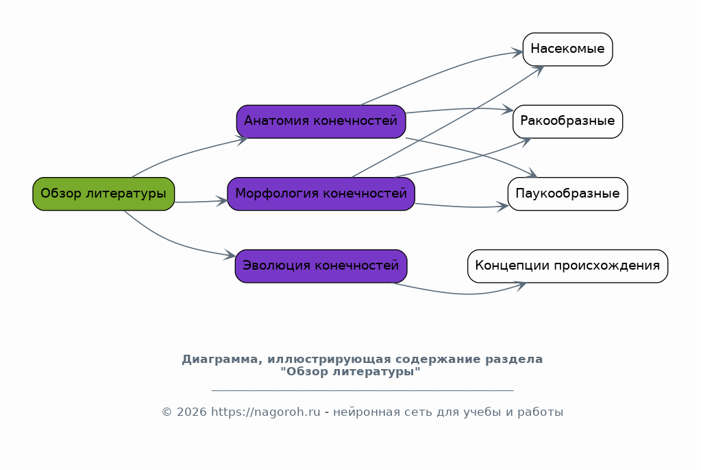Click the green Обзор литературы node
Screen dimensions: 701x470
point(103,193)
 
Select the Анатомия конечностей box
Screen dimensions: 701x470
point(321,121)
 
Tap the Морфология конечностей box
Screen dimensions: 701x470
point(321,193)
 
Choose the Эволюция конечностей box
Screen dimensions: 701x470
point(321,266)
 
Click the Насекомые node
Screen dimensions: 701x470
point(567,49)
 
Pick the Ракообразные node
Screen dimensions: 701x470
point(567,121)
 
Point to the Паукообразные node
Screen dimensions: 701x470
point(567,193)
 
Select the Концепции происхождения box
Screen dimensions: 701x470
point(567,266)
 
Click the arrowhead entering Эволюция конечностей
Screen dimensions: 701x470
point(230,255)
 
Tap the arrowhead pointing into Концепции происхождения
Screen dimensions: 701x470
point(521,285)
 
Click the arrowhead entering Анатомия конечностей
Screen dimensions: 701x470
point(243,140)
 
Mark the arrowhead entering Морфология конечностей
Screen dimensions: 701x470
point(222,201)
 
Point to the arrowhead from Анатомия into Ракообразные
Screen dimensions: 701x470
point(508,109)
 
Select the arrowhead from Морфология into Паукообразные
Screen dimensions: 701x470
point(502,207)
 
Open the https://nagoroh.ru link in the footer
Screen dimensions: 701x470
point(266,412)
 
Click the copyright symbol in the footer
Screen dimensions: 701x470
point(167,412)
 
